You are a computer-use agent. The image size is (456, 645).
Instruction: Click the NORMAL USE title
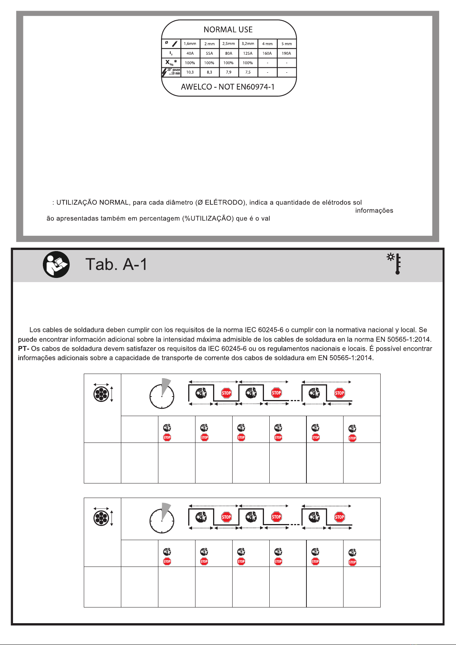(x=228, y=29)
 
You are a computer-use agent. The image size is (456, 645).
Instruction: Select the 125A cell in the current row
(x=248, y=53)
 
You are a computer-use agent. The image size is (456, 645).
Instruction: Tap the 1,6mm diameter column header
(x=190, y=44)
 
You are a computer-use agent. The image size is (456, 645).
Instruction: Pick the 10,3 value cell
(x=190, y=72)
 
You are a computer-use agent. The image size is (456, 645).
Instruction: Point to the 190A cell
(x=286, y=53)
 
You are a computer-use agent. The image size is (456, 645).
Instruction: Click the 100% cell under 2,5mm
(x=228, y=63)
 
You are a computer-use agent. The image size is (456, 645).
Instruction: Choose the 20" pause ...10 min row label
(x=171, y=72)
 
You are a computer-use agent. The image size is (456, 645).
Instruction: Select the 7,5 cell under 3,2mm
(x=248, y=72)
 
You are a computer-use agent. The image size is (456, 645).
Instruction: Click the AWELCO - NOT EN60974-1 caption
(x=228, y=87)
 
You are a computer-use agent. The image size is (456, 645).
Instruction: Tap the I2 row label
(x=171, y=53)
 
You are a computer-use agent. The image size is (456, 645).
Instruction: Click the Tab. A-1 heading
(x=116, y=265)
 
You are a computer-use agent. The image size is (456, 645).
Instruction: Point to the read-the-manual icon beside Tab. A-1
(x=56, y=265)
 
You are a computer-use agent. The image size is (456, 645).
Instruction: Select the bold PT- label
(x=23, y=349)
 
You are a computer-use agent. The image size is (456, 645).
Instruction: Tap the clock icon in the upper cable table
(x=162, y=394)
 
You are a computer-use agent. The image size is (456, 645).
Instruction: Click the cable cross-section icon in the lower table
(x=101, y=518)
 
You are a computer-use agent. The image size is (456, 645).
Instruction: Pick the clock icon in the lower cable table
(x=162, y=518)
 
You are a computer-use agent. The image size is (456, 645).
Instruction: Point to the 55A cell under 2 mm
(x=209, y=53)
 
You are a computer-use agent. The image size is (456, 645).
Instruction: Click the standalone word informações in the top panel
(x=374, y=211)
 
